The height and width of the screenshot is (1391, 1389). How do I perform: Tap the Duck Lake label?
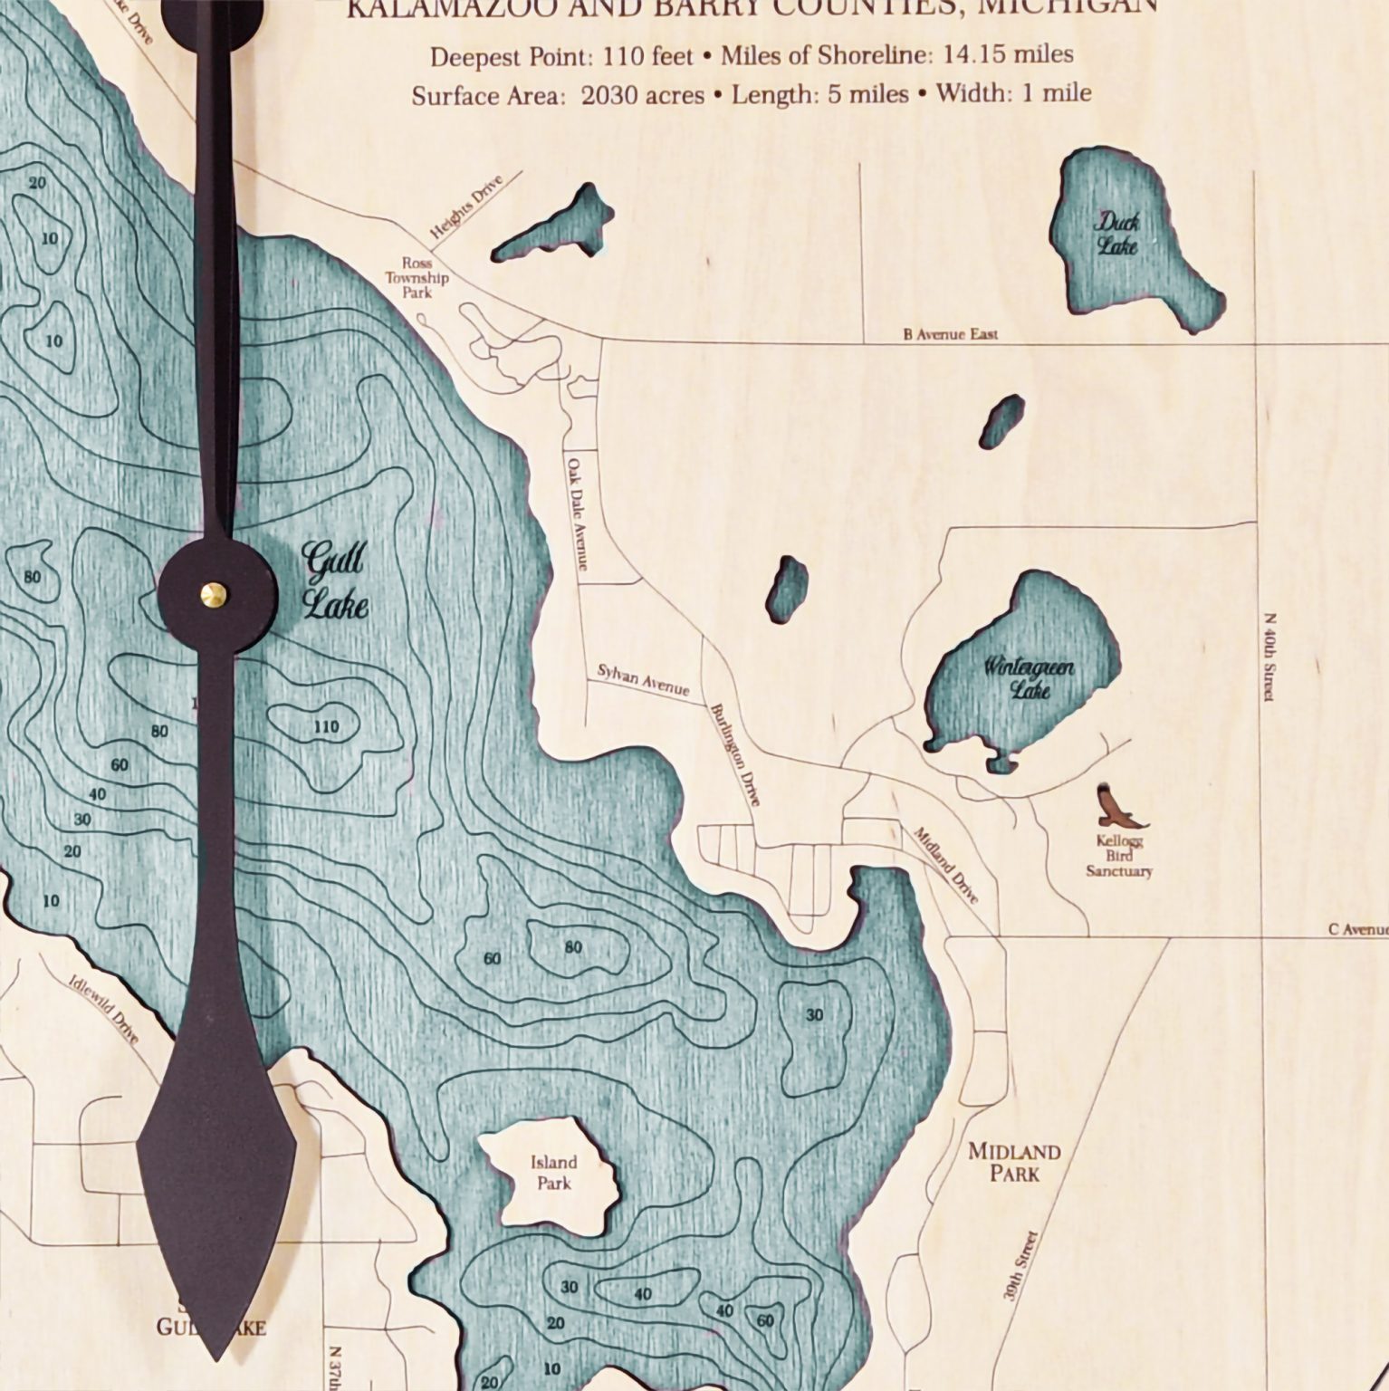[1118, 233]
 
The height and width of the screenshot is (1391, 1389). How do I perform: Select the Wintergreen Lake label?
[1030, 679]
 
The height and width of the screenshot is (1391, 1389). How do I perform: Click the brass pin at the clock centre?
[215, 593]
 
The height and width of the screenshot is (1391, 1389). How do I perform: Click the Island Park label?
[553, 1172]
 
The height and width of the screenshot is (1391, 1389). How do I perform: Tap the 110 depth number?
[325, 726]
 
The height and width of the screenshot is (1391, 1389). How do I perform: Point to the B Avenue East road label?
[950, 334]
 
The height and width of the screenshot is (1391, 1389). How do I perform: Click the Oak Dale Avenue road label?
[577, 513]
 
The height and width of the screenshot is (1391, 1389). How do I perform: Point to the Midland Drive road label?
[945, 866]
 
